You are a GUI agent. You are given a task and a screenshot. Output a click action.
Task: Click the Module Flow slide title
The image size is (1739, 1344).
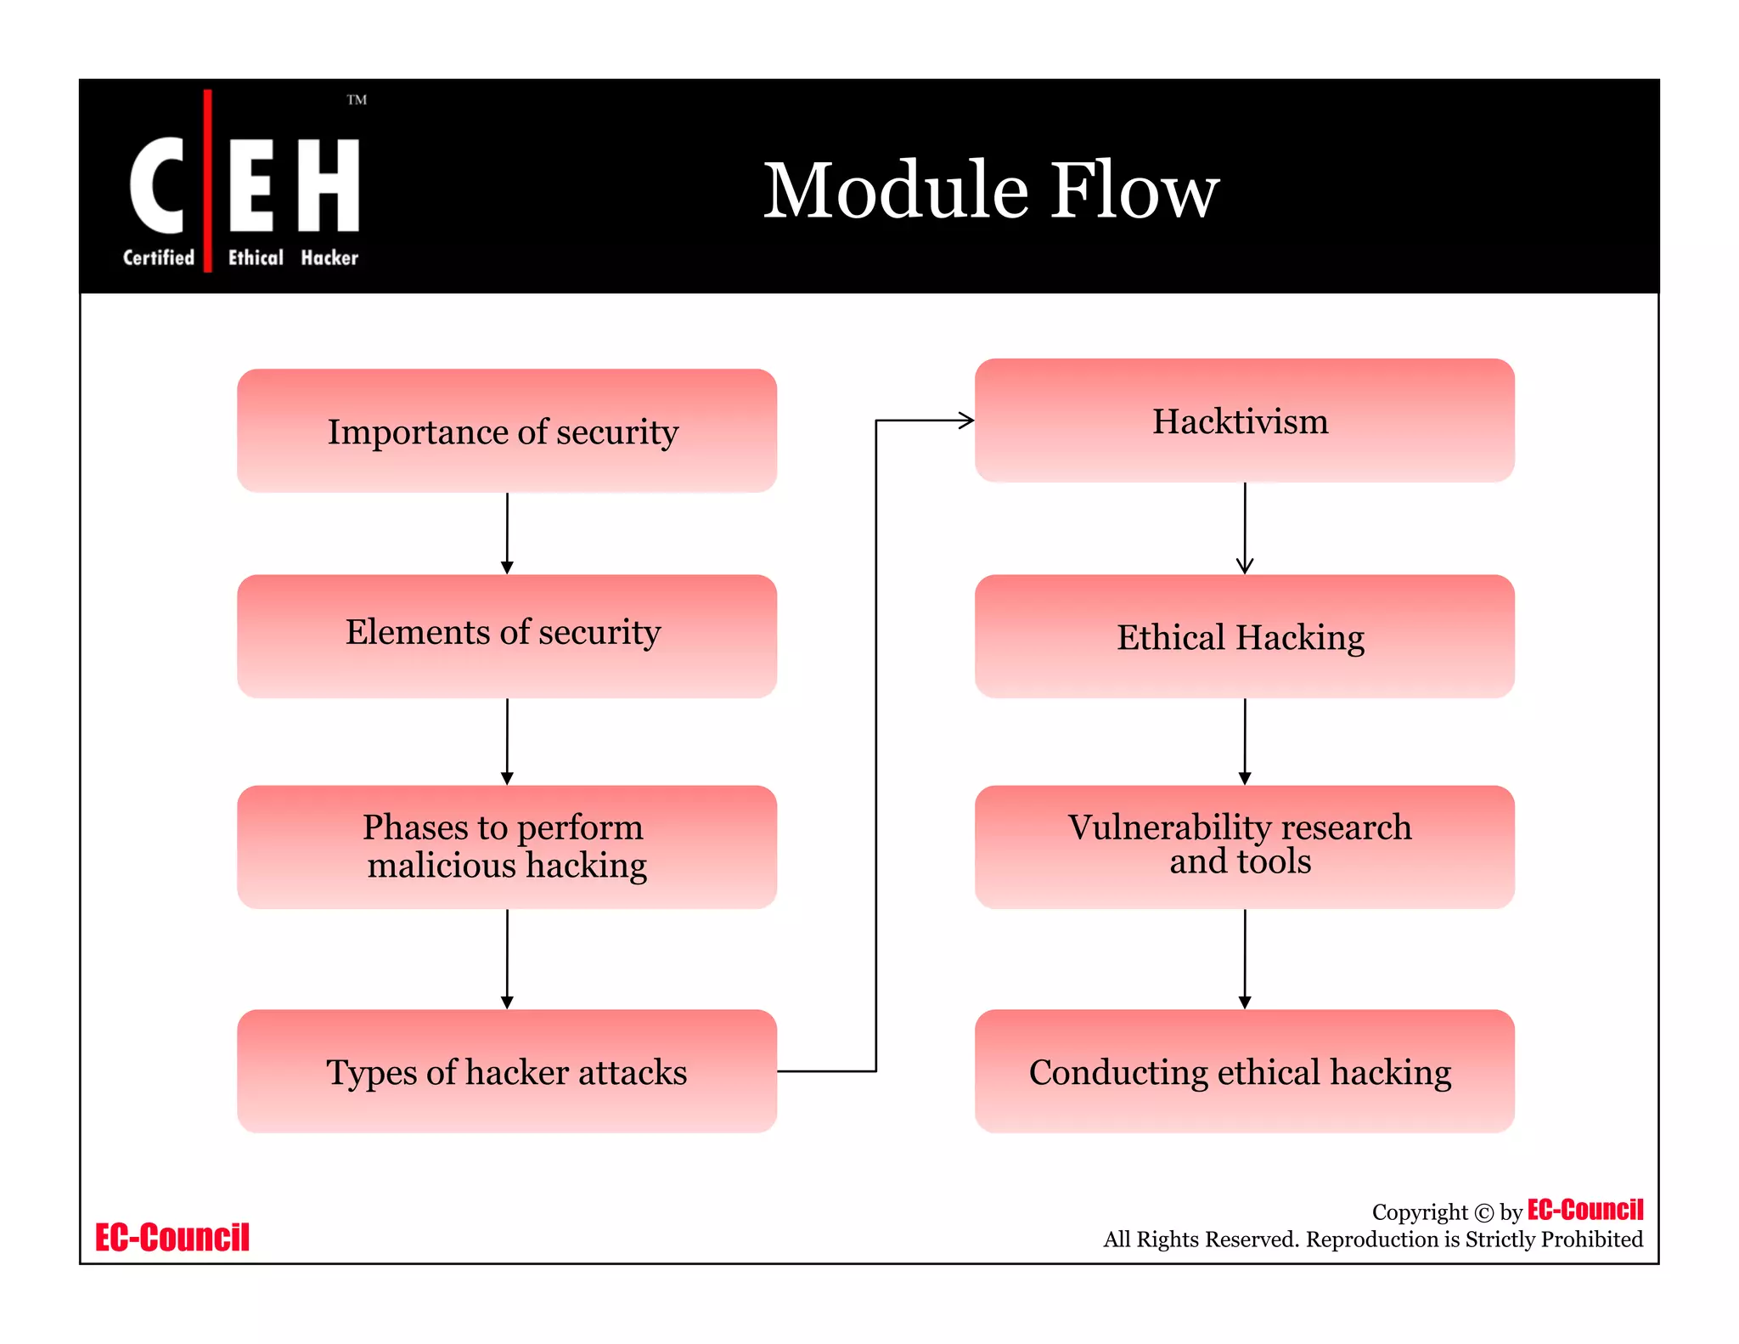click(990, 190)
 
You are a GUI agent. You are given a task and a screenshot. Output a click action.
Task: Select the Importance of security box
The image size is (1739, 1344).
click(507, 431)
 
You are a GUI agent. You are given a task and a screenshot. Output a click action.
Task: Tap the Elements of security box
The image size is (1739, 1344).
click(507, 635)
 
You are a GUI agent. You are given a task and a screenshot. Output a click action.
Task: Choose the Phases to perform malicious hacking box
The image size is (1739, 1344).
click(507, 846)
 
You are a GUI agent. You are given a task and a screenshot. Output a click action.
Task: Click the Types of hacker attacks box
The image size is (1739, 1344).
click(507, 1070)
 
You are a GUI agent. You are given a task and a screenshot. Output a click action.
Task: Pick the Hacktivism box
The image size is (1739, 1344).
click(1244, 421)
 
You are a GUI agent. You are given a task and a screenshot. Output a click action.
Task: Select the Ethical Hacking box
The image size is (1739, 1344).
click(1244, 636)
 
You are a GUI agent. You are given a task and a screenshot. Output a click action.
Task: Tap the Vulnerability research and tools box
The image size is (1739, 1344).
click(1244, 846)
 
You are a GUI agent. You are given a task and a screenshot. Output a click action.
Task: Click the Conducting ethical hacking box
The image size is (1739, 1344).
click(1244, 1070)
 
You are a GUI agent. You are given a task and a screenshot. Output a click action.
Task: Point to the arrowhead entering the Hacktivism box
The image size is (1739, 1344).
click(966, 420)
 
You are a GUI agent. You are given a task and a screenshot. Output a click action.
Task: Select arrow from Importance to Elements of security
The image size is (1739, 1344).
click(507, 533)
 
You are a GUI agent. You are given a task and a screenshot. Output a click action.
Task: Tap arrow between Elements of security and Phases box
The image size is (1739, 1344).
click(507, 741)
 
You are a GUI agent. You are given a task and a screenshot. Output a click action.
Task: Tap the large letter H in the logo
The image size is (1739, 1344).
click(329, 185)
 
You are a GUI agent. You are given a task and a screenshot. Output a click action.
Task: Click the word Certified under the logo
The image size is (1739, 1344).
click(159, 257)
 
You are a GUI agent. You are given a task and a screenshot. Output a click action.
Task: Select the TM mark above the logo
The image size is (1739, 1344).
click(357, 100)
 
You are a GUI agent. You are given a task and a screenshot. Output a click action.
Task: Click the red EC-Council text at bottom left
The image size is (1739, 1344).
click(172, 1237)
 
